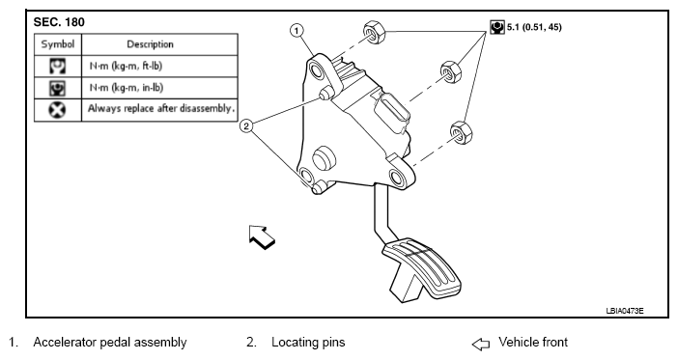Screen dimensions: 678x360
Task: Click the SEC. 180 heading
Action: point(59,22)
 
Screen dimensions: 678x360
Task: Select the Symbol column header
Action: point(58,44)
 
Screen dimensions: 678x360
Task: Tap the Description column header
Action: point(150,44)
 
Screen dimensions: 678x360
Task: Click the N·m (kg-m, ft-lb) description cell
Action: point(126,67)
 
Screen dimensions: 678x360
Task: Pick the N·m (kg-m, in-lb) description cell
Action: point(127,88)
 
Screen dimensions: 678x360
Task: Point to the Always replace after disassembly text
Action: point(161,108)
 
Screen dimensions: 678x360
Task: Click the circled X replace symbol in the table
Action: point(57,110)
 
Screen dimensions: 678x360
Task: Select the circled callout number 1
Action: point(297,31)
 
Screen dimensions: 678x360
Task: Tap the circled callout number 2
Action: point(246,126)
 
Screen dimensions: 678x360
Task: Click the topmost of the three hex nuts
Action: point(374,33)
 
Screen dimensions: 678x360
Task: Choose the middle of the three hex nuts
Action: point(451,71)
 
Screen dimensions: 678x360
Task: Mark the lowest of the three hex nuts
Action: point(461,132)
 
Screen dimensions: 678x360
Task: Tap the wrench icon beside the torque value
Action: point(497,27)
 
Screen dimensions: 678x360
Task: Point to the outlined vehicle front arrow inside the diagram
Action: point(261,236)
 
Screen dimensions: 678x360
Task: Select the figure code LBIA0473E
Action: point(624,311)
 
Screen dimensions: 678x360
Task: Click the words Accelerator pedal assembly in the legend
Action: point(110,343)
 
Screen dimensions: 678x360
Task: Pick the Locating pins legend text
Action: point(308,343)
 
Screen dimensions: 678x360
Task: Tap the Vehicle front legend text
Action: point(533,342)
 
